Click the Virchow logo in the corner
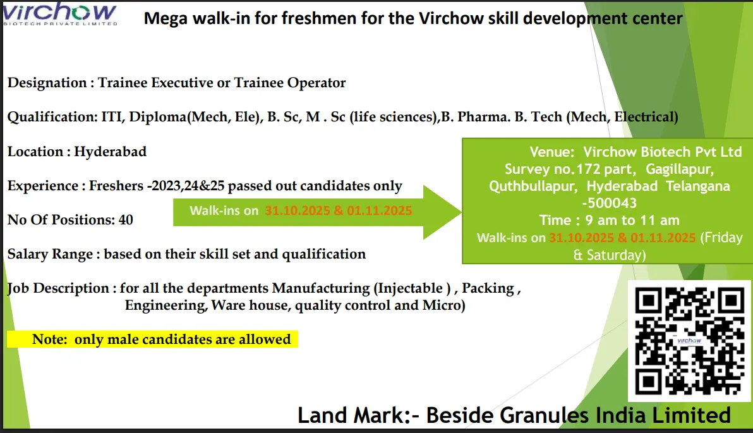tap(59, 13)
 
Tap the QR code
tap(689, 341)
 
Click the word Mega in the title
tap(164, 19)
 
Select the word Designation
tap(47, 83)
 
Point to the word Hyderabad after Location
tap(110, 151)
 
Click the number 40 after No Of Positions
tap(126, 219)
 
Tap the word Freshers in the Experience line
tap(116, 185)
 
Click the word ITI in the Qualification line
tap(111, 117)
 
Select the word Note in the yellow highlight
tap(49, 339)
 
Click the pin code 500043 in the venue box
tap(611, 203)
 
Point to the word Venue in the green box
tap(550, 152)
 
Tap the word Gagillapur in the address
tap(679, 169)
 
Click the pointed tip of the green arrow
tap(461, 212)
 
